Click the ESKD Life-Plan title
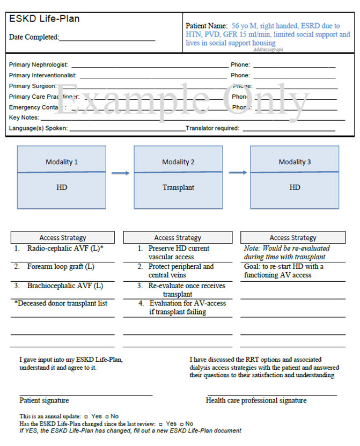pos(45,19)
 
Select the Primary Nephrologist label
pos(42,65)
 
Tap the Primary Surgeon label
pos(33,86)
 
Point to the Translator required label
pos(213,129)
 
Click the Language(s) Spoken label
pos(38,129)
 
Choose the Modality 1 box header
pos(62,162)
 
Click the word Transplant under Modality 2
pos(178,188)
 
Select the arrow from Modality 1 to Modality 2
pos(121,173)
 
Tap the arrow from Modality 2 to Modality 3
pos(237,173)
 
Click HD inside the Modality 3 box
pos(295,188)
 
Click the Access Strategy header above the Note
pos(293,238)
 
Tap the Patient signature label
pos(44,400)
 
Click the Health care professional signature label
pos(256,400)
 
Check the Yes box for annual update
pos(86,416)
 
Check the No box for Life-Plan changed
pos(181,423)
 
